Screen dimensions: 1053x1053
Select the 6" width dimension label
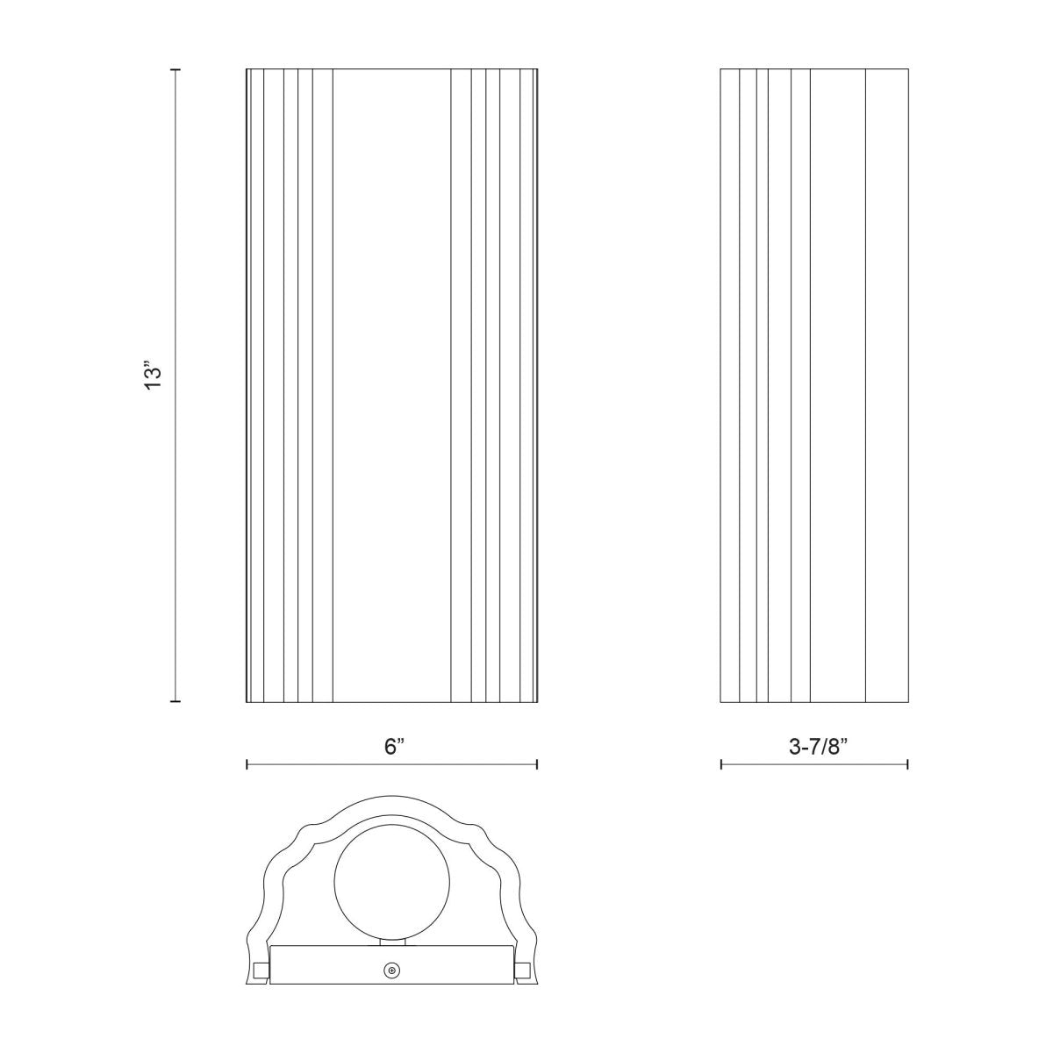(x=393, y=748)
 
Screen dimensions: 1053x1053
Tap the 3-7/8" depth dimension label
(x=815, y=748)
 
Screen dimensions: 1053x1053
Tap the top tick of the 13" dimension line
(x=175, y=68)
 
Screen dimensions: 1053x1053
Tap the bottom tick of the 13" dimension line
(x=175, y=702)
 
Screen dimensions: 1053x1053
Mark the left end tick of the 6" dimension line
(x=247, y=765)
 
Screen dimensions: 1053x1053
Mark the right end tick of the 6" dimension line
(x=537, y=765)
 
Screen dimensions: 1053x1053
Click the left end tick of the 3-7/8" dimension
(x=720, y=765)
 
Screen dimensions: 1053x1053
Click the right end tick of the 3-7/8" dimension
(x=908, y=765)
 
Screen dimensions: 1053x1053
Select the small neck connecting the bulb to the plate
(x=391, y=942)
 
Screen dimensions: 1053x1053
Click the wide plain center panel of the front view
(x=391, y=385)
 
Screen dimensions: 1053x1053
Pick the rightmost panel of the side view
(x=886, y=385)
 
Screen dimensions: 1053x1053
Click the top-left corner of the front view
(x=247, y=68)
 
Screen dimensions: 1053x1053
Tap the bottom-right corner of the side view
(x=908, y=702)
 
